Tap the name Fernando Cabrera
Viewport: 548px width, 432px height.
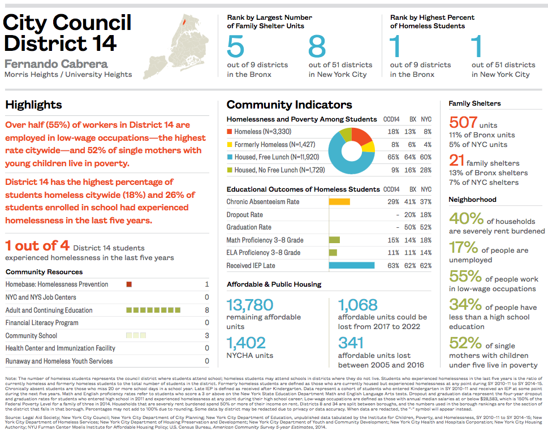pos(56,63)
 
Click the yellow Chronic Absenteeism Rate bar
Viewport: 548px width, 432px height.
pos(339,202)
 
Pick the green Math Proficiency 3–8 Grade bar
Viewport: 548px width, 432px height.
pos(334,240)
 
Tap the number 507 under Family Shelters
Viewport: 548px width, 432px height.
pos(463,123)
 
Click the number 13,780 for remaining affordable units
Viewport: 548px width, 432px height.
pos(250,305)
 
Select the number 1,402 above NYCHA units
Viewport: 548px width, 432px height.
pos(246,343)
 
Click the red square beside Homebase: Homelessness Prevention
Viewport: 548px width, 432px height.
pos(129,284)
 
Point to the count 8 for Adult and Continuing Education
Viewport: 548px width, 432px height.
pos(207,310)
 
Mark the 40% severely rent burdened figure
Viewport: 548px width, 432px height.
pos(466,218)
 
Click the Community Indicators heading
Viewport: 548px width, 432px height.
pos(289,105)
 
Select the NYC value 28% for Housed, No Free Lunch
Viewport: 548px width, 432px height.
pos(426,170)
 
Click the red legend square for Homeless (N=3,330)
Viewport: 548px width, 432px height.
pos(229,132)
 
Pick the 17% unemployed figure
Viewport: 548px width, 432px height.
pos(463,247)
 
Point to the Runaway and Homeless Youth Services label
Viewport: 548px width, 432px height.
pos(59,361)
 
